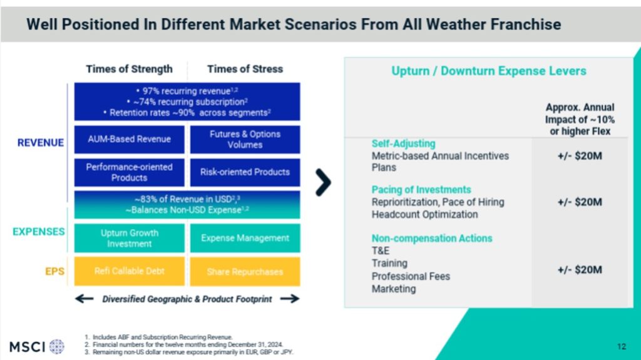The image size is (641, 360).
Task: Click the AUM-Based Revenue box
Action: coord(129,139)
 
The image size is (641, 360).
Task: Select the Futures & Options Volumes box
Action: coord(245,139)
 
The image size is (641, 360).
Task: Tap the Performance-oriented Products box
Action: coord(129,172)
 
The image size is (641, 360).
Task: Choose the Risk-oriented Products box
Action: coord(245,172)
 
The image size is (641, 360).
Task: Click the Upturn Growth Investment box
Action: coord(129,238)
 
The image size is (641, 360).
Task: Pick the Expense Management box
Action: coord(245,238)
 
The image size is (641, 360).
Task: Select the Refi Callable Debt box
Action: coord(129,271)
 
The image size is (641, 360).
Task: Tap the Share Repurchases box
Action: coord(245,271)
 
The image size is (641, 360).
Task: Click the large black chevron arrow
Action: coord(323,182)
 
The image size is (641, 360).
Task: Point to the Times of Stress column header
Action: coord(245,69)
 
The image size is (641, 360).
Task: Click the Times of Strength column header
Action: coord(129,69)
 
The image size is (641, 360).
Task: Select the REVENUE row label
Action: coord(41,143)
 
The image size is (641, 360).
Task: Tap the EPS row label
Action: coord(55,271)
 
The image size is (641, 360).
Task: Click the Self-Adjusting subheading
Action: coord(404,143)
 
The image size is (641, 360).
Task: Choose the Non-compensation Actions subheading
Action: coord(432,238)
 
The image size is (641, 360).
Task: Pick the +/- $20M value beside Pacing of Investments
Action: coord(580,202)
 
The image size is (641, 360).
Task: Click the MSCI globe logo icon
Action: coord(57,346)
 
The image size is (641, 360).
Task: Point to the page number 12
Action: coord(622,346)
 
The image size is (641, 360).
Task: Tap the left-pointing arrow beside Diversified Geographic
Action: coord(85,299)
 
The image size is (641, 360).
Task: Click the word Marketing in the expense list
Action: coord(394,289)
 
